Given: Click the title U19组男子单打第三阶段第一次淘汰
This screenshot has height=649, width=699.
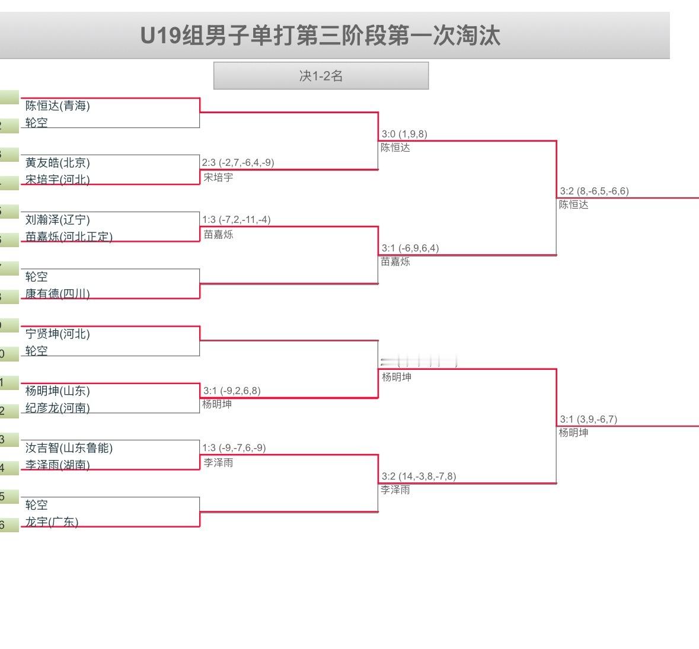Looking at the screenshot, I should [320, 36].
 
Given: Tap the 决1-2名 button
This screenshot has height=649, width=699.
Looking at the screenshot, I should [321, 76].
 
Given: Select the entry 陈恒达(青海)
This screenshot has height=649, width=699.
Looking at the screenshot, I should [58, 106].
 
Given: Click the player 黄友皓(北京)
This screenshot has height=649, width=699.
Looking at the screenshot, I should [58, 163].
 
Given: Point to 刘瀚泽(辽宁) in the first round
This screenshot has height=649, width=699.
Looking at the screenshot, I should [58, 220].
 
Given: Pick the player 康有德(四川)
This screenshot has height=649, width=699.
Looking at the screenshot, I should [58, 294].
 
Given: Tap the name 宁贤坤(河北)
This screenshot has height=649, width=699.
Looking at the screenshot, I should [58, 334].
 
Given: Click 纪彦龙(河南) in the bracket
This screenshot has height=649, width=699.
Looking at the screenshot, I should [58, 408].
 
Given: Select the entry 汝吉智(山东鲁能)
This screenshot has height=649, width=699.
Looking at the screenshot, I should [69, 448].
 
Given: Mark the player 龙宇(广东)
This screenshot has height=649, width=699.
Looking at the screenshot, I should [52, 522].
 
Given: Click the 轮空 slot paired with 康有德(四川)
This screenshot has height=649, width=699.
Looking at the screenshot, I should [37, 277].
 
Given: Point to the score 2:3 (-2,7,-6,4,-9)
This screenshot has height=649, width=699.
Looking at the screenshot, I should [238, 162].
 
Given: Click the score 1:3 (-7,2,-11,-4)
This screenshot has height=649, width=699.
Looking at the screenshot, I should [236, 219].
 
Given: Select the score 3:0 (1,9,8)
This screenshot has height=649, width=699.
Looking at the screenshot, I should [404, 134].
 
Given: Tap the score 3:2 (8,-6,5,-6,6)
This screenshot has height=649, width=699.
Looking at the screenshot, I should [594, 191].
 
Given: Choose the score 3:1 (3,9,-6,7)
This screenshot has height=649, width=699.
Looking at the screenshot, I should [588, 419].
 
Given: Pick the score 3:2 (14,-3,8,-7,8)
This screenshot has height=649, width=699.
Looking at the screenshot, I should [419, 476].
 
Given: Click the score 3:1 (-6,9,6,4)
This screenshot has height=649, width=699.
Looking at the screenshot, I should [410, 248].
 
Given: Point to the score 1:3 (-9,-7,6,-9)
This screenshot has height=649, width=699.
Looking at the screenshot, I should [234, 447].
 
